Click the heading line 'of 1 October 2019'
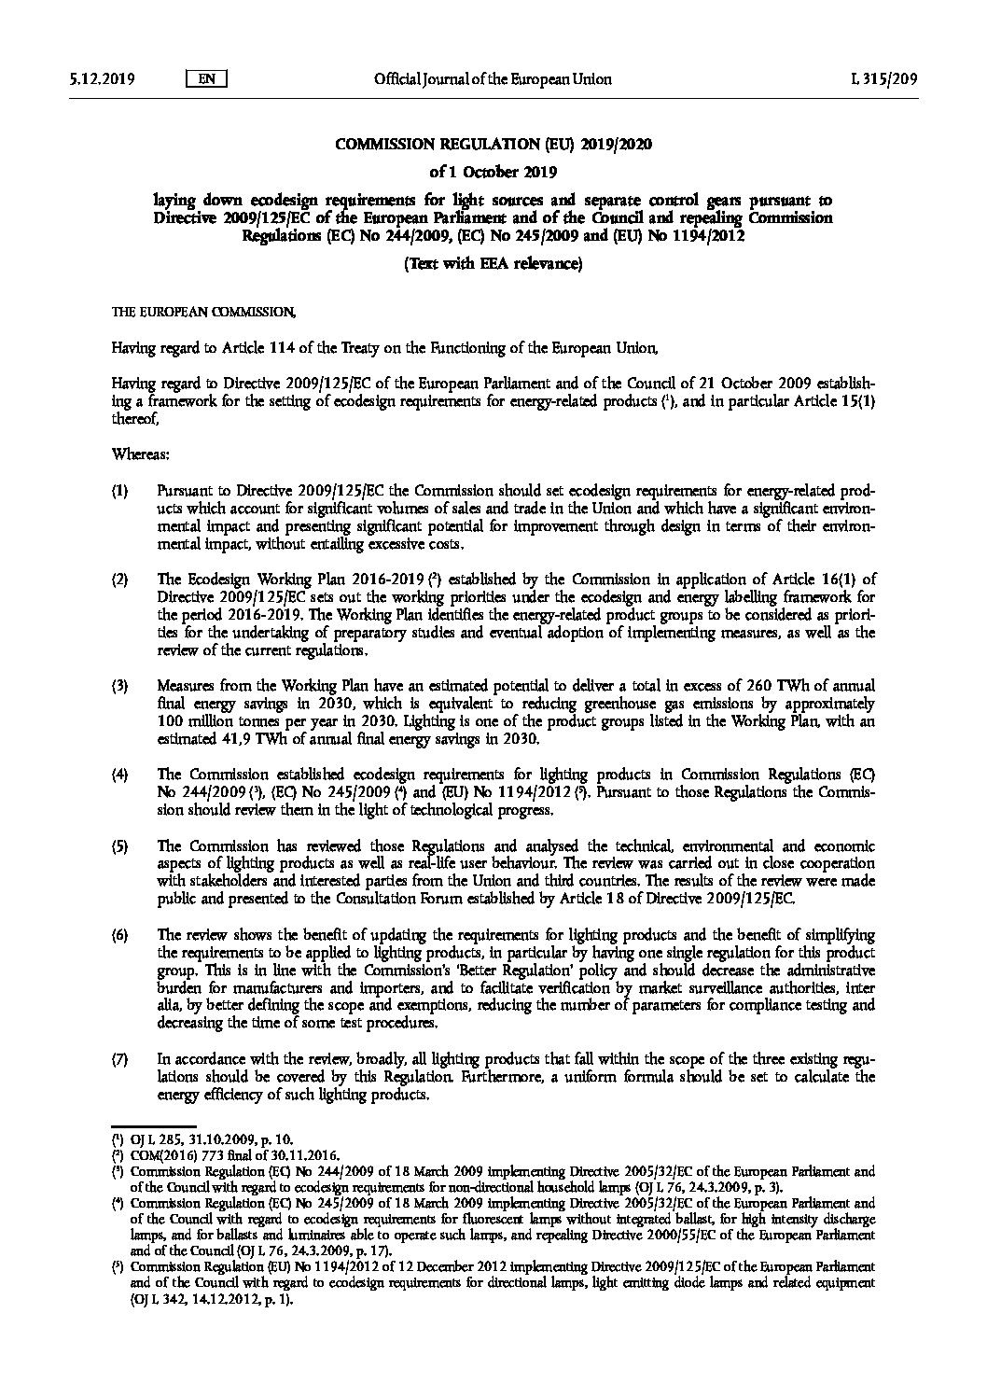(x=493, y=172)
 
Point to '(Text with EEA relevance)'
(x=493, y=264)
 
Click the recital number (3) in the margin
(x=119, y=687)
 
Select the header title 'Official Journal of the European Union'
(x=493, y=79)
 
